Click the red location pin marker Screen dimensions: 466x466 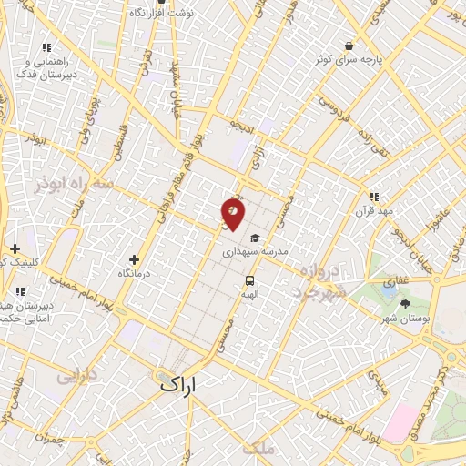pos(233,212)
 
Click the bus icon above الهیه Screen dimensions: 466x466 pos(248,281)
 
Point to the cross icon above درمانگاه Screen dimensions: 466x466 pos(135,259)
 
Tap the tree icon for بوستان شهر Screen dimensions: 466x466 pos(405,304)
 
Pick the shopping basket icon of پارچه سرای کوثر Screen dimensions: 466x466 pos(349,46)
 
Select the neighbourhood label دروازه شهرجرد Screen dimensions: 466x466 pos(319,281)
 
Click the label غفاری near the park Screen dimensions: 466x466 pos(396,282)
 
